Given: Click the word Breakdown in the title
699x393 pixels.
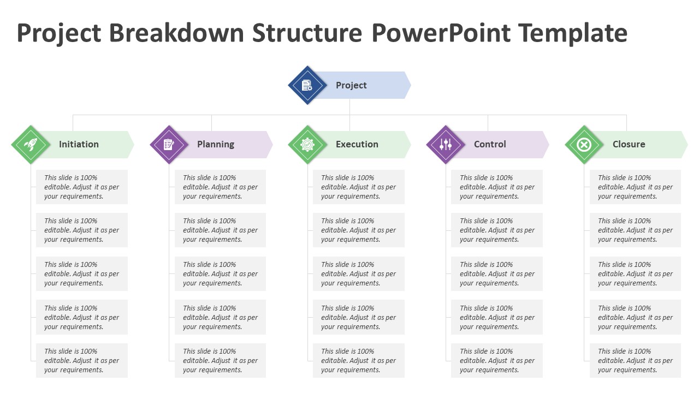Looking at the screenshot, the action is tap(176, 33).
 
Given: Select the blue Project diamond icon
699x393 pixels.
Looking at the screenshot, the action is tap(307, 85).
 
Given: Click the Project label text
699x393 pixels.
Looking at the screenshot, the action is tap(351, 85).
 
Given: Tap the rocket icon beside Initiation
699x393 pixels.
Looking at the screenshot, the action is tap(31, 145).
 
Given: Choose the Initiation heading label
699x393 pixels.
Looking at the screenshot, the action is tap(79, 144).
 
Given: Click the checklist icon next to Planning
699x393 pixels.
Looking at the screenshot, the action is tap(169, 145).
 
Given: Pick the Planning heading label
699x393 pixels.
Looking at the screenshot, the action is tap(216, 145).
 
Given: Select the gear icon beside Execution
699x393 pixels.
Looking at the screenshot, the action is tap(307, 145).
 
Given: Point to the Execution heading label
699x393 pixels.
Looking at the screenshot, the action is tap(357, 144).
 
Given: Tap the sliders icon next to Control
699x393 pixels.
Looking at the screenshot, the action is tap(446, 145).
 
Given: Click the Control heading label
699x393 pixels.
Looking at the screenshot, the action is tap(490, 144).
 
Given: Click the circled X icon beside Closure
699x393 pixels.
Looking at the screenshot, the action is tap(584, 145).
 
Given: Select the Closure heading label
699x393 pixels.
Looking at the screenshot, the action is tap(629, 144).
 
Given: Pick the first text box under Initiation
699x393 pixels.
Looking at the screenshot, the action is tap(82, 187).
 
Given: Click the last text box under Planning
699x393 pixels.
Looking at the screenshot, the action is tap(220, 360).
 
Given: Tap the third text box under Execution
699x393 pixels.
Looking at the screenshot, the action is tap(359, 273).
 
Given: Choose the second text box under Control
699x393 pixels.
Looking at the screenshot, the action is tap(497, 230).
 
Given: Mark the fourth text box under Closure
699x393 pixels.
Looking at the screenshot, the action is tap(635, 317).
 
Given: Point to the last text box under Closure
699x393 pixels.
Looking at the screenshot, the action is tap(635, 360).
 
